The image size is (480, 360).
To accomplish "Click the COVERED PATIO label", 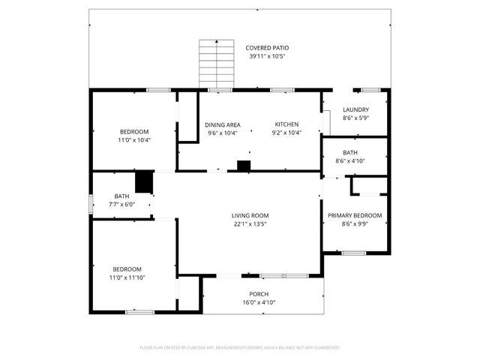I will (x=267, y=48).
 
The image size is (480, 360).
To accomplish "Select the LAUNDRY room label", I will (x=355, y=109).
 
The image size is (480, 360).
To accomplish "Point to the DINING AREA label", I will (x=222, y=124).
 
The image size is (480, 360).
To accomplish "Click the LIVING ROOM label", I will (x=250, y=215).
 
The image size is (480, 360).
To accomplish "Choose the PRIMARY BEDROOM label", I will (x=355, y=215).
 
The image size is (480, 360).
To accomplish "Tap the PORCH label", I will (x=259, y=294).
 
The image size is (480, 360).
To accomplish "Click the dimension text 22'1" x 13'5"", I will (x=250, y=223).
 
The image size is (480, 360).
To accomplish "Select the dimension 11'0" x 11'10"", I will (x=127, y=277).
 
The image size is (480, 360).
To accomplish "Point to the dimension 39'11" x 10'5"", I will (x=267, y=56).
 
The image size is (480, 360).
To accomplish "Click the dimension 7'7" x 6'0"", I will (x=121, y=204).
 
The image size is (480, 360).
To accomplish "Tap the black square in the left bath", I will (x=144, y=182).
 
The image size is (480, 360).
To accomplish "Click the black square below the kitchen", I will (x=243, y=166).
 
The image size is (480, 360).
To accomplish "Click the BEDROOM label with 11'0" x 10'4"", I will (x=134, y=131).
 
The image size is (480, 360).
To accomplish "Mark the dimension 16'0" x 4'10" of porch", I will (x=259, y=302).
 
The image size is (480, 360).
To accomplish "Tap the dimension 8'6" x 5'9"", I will (x=355, y=118).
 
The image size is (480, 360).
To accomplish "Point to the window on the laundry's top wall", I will (x=371, y=91).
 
